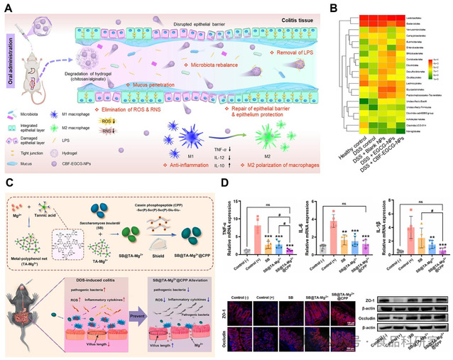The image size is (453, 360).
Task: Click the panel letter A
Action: [x=6, y=6]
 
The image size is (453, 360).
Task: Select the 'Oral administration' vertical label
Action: [x=10, y=60]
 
